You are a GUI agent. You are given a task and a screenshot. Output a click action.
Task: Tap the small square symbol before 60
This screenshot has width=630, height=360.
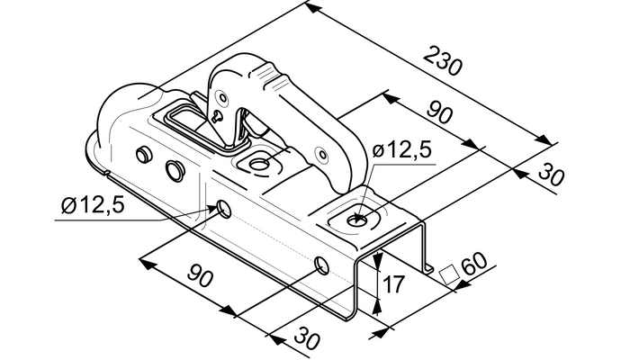tap(445, 273)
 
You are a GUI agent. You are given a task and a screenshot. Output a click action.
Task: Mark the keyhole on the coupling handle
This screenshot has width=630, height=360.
tap(219, 116)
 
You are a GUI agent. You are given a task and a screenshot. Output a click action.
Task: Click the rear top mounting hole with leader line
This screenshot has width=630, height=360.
tap(360, 217)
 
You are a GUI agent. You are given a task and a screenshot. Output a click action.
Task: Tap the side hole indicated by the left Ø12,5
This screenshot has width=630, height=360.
tap(221, 210)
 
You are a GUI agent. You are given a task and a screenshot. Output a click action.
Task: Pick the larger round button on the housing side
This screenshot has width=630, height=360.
tap(174, 168)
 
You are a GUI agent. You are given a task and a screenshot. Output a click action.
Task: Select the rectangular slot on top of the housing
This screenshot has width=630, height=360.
tap(184, 121)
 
